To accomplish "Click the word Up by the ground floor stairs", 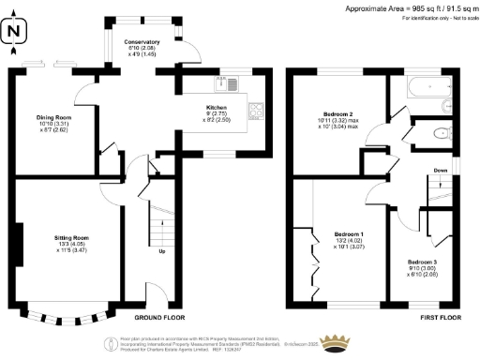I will [163, 251].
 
